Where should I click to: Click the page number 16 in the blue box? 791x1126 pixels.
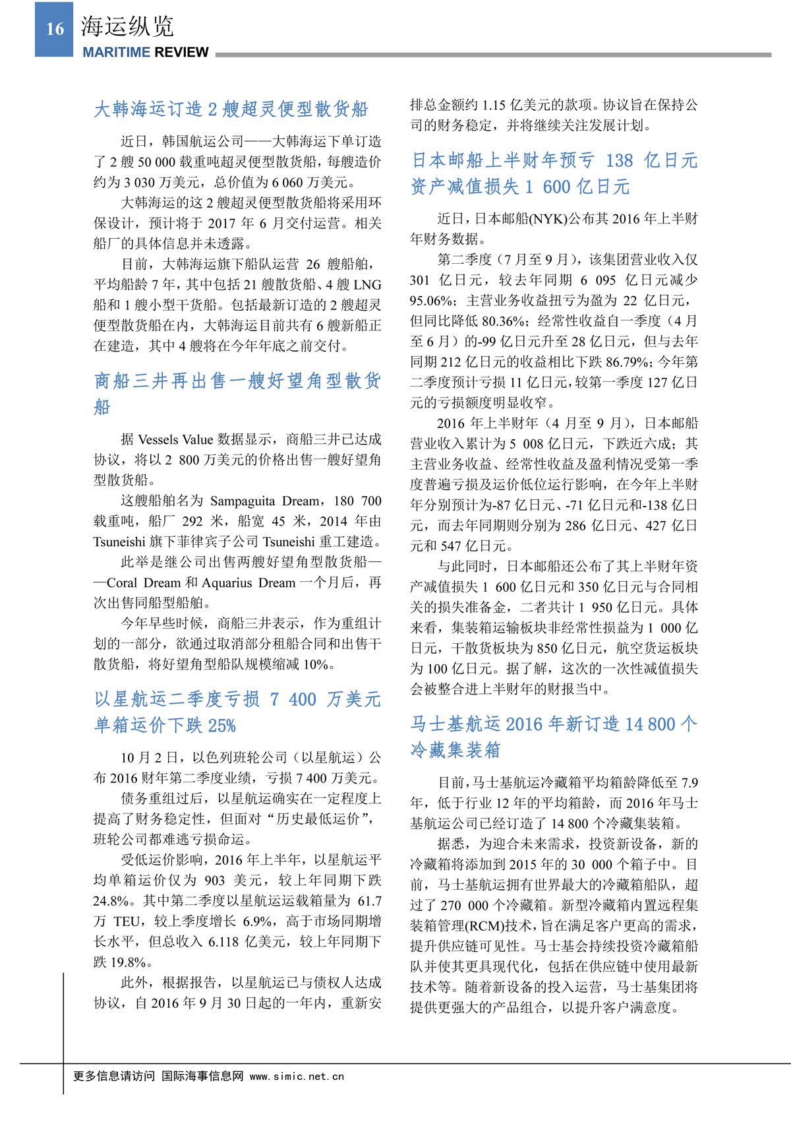click(x=55, y=29)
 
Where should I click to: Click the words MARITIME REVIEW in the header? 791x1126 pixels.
click(x=146, y=53)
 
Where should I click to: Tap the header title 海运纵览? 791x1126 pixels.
click(x=127, y=26)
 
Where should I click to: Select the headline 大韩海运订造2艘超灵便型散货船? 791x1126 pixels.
click(x=231, y=109)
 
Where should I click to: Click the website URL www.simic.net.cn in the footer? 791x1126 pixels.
click(x=297, y=1077)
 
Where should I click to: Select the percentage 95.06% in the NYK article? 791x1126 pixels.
click(x=432, y=301)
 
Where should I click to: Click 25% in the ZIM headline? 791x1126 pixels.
click(x=221, y=726)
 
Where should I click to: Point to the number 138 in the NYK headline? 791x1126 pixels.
click(x=619, y=161)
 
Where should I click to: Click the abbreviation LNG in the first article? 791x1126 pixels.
click(x=368, y=285)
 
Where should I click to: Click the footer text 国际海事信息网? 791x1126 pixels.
click(x=202, y=1077)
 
